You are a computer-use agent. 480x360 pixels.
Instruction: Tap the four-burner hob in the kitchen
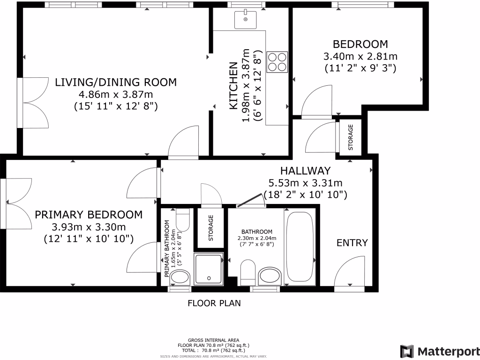(277, 62)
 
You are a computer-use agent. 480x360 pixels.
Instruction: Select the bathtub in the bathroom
(300, 247)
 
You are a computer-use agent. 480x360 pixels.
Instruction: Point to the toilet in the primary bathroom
(183, 220)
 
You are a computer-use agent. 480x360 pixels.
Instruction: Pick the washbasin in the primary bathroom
(180, 277)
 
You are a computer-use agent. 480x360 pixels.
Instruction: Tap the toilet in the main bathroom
(248, 272)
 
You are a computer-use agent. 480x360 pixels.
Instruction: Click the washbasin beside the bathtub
(270, 276)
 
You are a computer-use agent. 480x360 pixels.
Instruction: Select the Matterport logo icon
(407, 351)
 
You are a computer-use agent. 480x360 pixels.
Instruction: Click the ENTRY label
(352, 243)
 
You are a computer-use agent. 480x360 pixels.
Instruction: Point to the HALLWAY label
(306, 171)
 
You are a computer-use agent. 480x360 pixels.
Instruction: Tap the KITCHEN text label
(233, 86)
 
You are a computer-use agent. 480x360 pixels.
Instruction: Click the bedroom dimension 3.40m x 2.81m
(360, 56)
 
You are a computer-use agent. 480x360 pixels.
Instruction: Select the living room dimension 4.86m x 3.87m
(116, 94)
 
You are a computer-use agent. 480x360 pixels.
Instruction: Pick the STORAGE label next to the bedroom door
(351, 137)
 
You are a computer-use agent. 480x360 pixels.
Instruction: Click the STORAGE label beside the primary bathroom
(210, 228)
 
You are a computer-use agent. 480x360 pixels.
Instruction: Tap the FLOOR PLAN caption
(214, 303)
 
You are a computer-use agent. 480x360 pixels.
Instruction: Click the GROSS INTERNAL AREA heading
(214, 340)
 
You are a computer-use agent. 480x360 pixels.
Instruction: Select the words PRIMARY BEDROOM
(89, 215)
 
